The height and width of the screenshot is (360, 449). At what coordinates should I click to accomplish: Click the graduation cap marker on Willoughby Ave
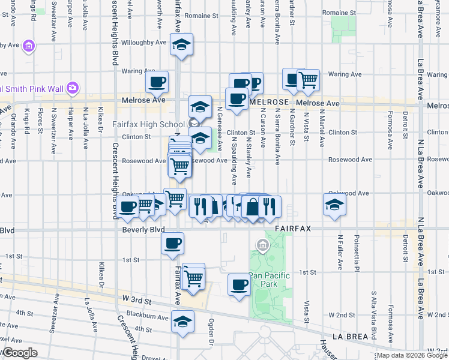(x=181, y=44)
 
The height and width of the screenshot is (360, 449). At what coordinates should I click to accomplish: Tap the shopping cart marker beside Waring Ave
(x=308, y=80)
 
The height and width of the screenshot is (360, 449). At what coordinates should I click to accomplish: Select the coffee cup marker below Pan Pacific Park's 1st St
(x=240, y=284)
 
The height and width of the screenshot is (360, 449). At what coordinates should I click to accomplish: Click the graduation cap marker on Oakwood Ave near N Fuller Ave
(x=334, y=205)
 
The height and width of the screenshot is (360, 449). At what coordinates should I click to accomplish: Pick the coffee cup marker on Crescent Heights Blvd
(x=128, y=208)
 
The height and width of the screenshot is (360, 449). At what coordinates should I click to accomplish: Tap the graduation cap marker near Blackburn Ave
(x=183, y=322)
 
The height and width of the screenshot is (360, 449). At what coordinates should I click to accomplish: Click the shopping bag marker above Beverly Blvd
(x=253, y=207)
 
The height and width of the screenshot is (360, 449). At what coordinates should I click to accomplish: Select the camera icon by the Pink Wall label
(x=73, y=88)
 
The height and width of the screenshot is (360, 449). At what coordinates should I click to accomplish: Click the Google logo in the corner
(x=19, y=353)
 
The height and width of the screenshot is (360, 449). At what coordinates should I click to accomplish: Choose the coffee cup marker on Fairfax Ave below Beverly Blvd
(x=172, y=243)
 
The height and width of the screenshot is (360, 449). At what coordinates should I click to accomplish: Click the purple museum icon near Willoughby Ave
(x=28, y=46)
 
